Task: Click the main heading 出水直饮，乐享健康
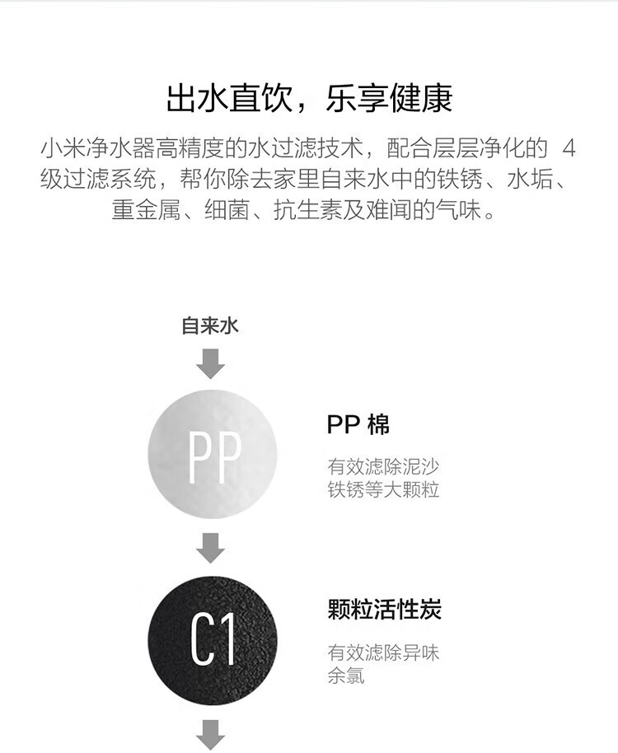(309, 98)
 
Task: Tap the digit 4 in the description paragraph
(569, 148)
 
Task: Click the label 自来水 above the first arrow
(210, 325)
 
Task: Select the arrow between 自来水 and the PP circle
(210, 364)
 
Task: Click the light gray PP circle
(213, 454)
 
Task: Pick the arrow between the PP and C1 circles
(210, 548)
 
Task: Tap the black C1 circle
(213, 640)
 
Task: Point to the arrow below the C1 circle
(210, 735)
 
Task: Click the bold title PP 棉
(358, 424)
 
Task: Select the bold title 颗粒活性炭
(385, 610)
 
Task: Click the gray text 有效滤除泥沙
(384, 466)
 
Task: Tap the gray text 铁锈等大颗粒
(384, 489)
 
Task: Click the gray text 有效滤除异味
(384, 652)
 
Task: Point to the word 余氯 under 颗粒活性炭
(346, 676)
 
